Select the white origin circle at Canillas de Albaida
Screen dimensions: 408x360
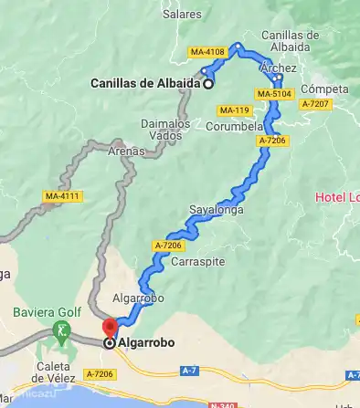[207, 84]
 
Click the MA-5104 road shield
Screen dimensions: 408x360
[274, 93]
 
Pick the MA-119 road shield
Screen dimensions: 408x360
[234, 110]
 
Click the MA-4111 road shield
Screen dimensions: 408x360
[63, 196]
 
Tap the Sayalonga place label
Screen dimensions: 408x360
[213, 209]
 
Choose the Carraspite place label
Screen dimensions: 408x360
[198, 261]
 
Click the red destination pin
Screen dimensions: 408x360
[111, 327]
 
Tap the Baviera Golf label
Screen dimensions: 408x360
[39, 311]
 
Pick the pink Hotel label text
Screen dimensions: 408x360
[336, 197]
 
